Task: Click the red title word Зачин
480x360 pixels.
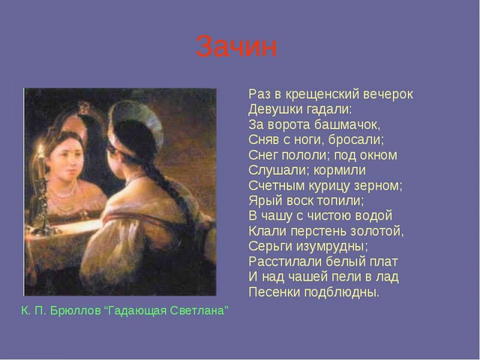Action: point(236,46)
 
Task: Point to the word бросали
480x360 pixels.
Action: point(356,140)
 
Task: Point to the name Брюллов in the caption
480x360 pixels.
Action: point(76,311)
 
